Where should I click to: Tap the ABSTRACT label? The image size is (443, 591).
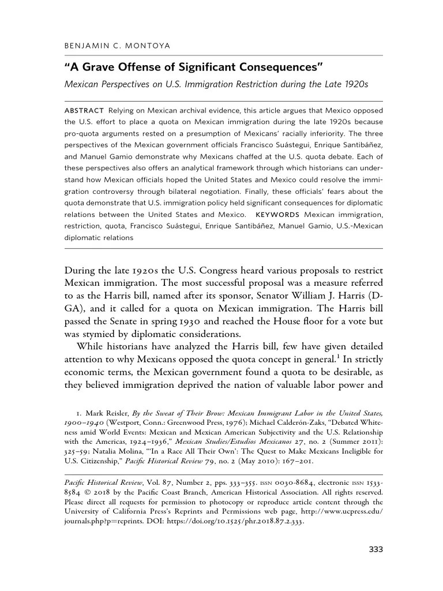84,110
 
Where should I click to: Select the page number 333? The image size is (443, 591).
376,549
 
